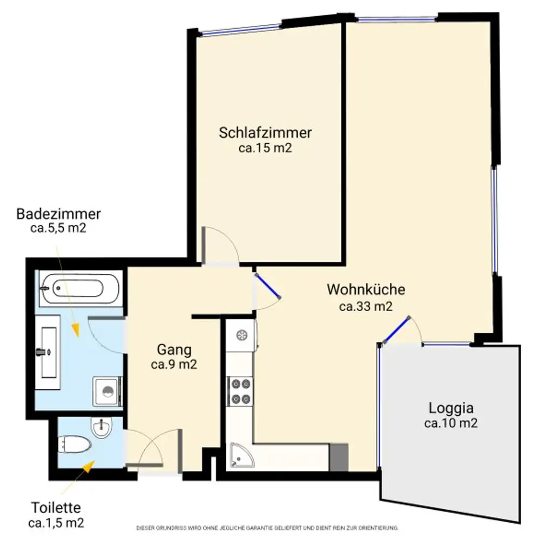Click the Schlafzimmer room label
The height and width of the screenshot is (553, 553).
click(x=265, y=133)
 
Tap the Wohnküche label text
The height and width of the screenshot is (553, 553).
click(x=366, y=289)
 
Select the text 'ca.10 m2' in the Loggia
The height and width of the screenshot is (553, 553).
click(x=451, y=424)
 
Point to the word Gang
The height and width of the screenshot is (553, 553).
click(x=174, y=350)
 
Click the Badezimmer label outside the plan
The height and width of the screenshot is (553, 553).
click(x=58, y=213)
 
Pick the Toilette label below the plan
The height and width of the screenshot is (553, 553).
click(x=56, y=508)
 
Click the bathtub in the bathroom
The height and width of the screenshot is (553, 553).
click(x=80, y=288)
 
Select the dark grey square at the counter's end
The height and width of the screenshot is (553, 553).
click(x=339, y=457)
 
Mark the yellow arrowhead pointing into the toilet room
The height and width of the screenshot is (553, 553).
click(x=86, y=467)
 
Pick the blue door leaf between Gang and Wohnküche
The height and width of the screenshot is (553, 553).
click(x=268, y=286)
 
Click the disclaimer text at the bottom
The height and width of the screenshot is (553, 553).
click(x=267, y=528)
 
